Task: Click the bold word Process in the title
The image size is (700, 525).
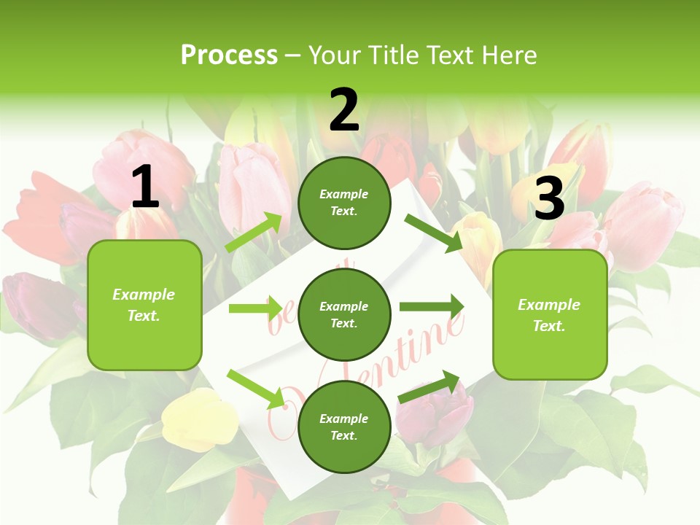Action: click(x=229, y=55)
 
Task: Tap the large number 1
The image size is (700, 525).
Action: click(x=145, y=187)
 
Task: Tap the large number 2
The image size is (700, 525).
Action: click(x=344, y=110)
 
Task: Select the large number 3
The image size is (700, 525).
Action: click(x=550, y=198)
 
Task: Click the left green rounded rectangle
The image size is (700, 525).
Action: click(x=144, y=305)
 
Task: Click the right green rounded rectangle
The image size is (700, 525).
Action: click(x=550, y=314)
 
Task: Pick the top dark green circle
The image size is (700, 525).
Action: click(x=344, y=203)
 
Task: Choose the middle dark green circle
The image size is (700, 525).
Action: click(x=344, y=314)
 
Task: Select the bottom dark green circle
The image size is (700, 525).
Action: click(x=344, y=427)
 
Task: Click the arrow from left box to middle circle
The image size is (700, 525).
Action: click(x=256, y=308)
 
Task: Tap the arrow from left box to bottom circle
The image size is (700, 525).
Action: click(x=256, y=389)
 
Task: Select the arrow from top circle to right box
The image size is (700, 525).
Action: click(x=432, y=233)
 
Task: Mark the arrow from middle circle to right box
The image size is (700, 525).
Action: click(x=432, y=307)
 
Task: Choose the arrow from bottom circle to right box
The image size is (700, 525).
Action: click(x=429, y=386)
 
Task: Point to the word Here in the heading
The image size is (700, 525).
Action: click(x=508, y=55)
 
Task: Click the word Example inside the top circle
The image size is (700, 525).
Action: click(x=344, y=195)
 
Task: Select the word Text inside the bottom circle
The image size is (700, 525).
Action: click(x=343, y=435)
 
